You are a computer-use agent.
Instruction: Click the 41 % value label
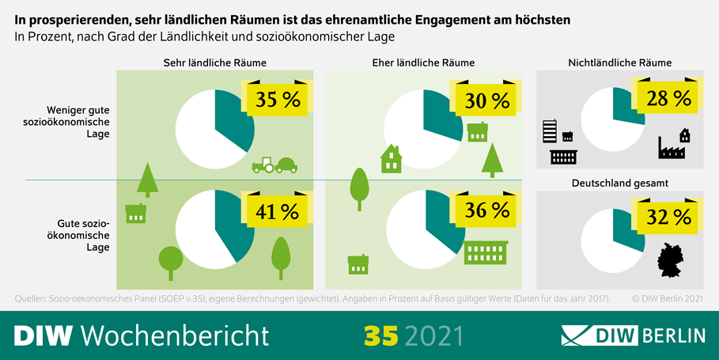[x=277, y=211]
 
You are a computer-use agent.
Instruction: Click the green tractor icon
[x=274, y=165]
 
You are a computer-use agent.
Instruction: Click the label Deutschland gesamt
[x=619, y=183]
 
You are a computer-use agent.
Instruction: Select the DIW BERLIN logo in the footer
[x=632, y=335]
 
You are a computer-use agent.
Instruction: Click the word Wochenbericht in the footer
[x=175, y=335]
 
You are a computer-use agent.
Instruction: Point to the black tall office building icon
[x=550, y=131]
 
